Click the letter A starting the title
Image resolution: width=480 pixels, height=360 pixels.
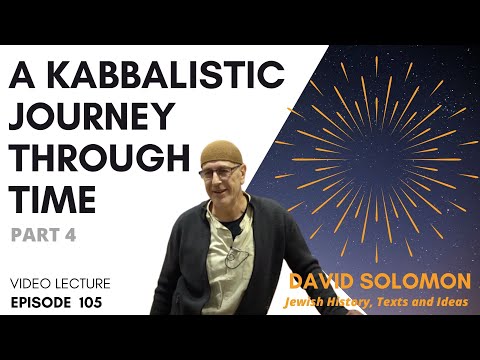(x=22, y=78)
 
